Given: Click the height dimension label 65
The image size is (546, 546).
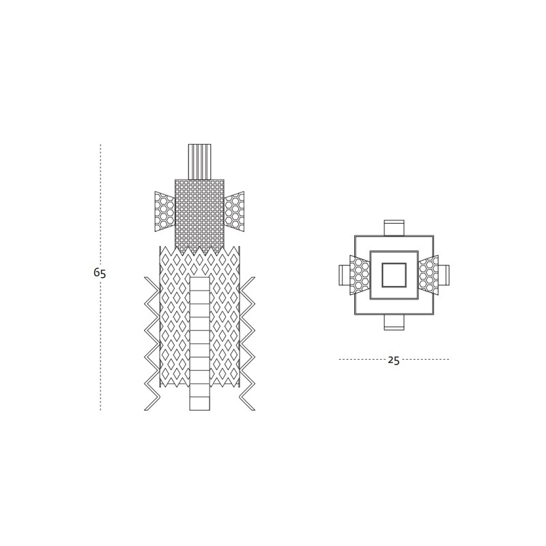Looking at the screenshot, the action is (100, 272).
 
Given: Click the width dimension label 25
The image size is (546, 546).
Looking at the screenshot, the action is (394, 360).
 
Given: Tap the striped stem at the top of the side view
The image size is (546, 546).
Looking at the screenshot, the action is (199, 162).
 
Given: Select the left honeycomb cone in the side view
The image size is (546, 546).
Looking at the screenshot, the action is (164, 212).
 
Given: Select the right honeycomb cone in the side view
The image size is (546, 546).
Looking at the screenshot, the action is (234, 212).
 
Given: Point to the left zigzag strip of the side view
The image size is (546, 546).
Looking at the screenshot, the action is (152, 343).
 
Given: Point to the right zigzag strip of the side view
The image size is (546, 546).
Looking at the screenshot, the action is (248, 343).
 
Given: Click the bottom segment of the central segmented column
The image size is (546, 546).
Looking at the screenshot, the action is (200, 403).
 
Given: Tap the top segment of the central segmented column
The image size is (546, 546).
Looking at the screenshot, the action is (200, 283).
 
